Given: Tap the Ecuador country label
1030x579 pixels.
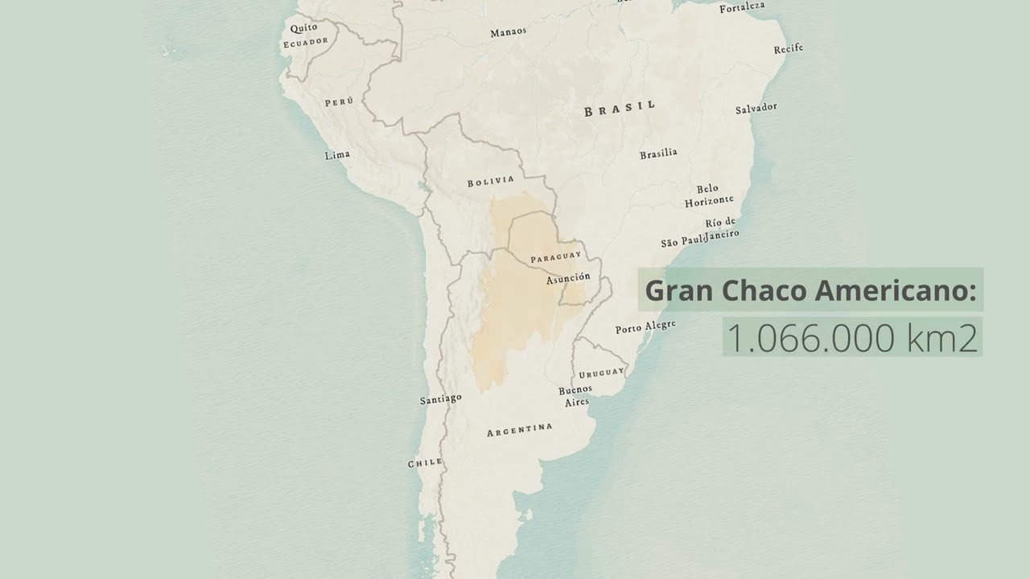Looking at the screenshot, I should [305, 42].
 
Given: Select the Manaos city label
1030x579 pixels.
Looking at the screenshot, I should [509, 32].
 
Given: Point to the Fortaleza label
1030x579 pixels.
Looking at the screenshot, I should [742, 8].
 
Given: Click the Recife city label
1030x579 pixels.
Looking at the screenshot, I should [789, 49].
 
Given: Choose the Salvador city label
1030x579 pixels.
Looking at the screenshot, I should [756, 108].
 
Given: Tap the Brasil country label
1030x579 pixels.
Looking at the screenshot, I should [620, 109].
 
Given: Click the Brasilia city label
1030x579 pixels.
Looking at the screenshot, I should [658, 154].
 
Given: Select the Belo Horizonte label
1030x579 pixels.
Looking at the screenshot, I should [708, 195].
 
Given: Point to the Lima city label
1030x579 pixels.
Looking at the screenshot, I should [337, 155].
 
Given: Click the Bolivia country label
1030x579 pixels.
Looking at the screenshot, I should [490, 182].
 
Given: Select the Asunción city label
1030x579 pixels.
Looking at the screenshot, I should [568, 278].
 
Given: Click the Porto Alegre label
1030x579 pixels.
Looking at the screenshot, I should [645, 327].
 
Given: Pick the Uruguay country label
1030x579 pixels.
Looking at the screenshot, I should [601, 373].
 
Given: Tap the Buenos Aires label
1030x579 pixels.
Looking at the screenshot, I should [575, 396].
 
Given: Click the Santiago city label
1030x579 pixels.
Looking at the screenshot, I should [441, 399].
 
